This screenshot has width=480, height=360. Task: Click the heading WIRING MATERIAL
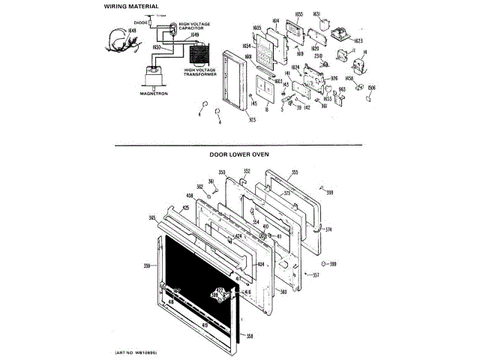pyautogui.click(x=130, y=7)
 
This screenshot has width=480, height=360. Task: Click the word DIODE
pyautogui.click(x=139, y=23)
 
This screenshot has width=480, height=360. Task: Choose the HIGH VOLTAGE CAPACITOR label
pyautogui.click(x=194, y=26)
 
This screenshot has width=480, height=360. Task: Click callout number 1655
pyautogui.click(x=298, y=14)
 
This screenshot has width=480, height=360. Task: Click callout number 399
pyautogui.click(x=333, y=264)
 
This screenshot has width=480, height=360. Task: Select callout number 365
pyautogui.click(x=152, y=217)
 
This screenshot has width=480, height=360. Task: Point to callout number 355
pyautogui.click(x=295, y=172)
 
